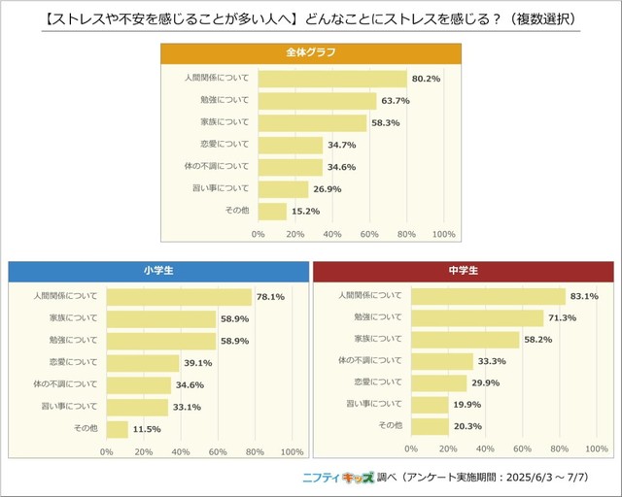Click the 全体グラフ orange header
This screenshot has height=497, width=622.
[311, 52]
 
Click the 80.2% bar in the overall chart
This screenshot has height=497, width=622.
[332, 79]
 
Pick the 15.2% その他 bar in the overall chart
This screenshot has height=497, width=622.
[272, 211]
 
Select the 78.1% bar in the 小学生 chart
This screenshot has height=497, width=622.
[179, 297]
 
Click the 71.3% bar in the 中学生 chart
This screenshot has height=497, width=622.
[477, 317]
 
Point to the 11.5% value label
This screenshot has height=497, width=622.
[147, 428]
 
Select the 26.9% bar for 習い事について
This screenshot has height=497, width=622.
[283, 188]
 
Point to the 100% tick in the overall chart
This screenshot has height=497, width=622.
[443, 234]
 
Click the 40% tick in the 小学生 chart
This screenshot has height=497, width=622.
[181, 451]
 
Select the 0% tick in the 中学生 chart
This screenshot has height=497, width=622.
[411, 447]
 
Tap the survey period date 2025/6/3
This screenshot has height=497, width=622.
[533, 479]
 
